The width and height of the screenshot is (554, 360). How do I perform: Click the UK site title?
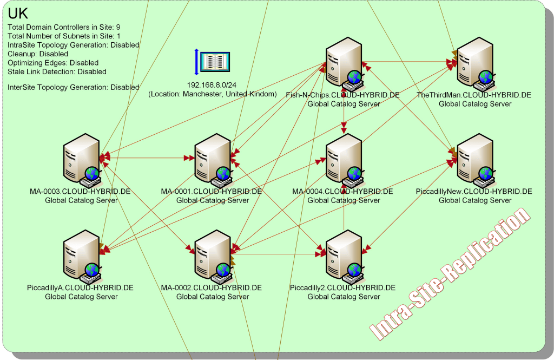click(x=18, y=14)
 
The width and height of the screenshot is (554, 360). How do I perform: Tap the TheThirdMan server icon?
click(x=476, y=62)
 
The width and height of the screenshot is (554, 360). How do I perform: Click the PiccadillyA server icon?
click(x=82, y=255)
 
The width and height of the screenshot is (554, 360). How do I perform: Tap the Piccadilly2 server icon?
click(x=344, y=255)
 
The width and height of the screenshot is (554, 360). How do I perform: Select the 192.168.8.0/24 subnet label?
click(x=212, y=85)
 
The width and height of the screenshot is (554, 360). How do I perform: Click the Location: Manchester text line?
click(x=213, y=94)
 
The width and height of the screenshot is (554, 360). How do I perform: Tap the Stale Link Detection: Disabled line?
click(x=57, y=71)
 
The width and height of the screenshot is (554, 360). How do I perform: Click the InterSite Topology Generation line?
click(x=74, y=87)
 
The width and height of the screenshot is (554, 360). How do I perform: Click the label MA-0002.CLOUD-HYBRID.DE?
click(x=212, y=287)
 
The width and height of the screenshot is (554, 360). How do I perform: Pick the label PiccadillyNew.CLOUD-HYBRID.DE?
click(x=474, y=192)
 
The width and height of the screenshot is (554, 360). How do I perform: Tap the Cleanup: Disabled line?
click(x=38, y=54)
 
